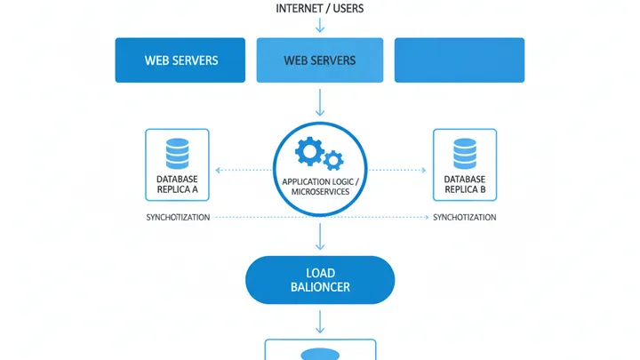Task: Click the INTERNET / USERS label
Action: click(320, 9)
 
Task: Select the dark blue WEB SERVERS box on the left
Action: click(180, 60)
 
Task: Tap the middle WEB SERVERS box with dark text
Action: click(320, 60)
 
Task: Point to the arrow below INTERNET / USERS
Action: click(320, 26)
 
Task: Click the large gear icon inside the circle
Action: click(309, 152)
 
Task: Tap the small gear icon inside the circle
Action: click(333, 160)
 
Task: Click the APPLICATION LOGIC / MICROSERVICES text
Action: click(320, 187)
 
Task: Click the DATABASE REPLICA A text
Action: click(177, 184)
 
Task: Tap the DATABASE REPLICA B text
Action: click(464, 184)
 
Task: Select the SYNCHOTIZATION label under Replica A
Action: click(178, 218)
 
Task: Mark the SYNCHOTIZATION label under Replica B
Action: click(464, 218)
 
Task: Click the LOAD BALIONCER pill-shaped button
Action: click(320, 280)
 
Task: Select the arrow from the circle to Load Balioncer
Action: click(320, 236)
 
